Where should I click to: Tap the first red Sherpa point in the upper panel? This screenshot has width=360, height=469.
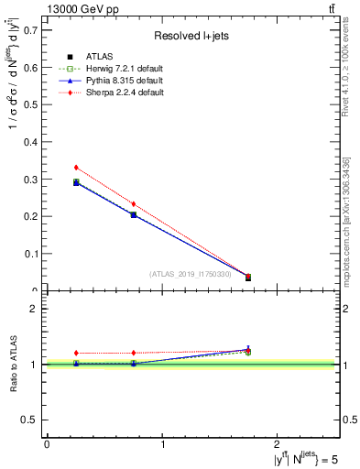pos(76,168)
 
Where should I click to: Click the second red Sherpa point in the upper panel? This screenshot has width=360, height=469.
pos(134,204)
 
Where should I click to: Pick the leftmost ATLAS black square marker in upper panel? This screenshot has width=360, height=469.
pos(76,182)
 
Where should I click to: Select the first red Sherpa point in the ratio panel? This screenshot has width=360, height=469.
pos(76,353)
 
